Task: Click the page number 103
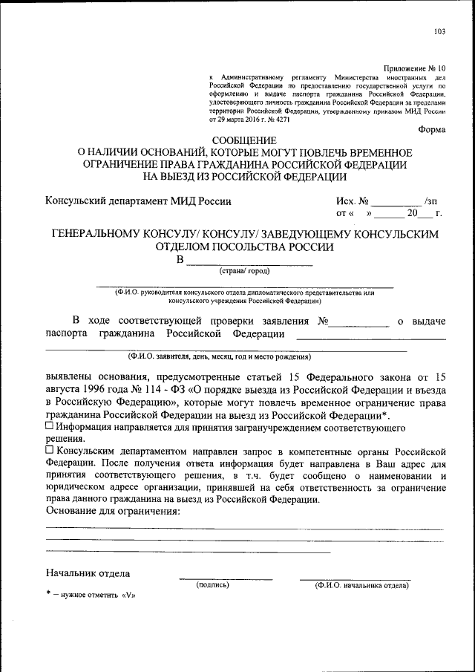coord(439,31)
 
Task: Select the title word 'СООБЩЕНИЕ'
coord(243,140)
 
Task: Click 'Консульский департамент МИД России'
coord(138,200)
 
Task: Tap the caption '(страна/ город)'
coord(244,272)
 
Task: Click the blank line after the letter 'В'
coord(249,261)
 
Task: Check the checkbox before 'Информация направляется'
coord(49,427)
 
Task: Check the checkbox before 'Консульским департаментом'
coord(49,451)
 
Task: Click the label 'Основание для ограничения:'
coord(113,511)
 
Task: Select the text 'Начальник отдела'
coord(88,573)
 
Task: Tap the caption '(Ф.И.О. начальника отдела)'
coord(361,585)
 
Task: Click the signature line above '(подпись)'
coord(225,578)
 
